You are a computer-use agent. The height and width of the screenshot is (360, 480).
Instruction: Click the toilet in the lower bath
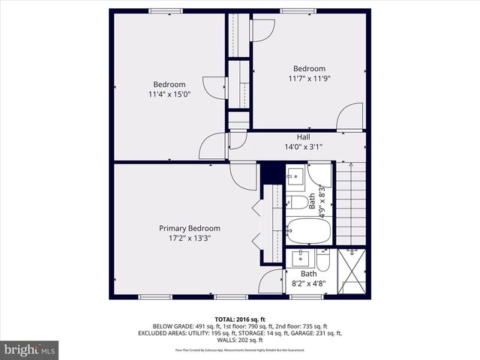point(322,260)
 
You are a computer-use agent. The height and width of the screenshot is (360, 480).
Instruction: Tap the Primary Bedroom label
point(189,229)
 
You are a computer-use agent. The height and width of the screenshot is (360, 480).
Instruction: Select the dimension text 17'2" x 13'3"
point(189,238)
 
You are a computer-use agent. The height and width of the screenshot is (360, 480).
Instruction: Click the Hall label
point(303,137)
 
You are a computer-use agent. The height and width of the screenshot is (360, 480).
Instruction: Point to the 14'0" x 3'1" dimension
point(303,147)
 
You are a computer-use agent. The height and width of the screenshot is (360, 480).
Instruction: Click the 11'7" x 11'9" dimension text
point(309,78)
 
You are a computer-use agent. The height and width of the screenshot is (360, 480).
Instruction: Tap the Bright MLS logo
point(30,349)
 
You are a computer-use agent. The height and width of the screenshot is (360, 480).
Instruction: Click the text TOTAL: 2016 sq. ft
point(240,319)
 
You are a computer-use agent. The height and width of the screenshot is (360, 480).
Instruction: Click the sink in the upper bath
point(295,177)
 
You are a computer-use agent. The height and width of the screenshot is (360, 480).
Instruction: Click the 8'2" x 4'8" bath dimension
point(309,283)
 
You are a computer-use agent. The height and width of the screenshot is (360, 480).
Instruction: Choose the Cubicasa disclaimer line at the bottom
point(240,349)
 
